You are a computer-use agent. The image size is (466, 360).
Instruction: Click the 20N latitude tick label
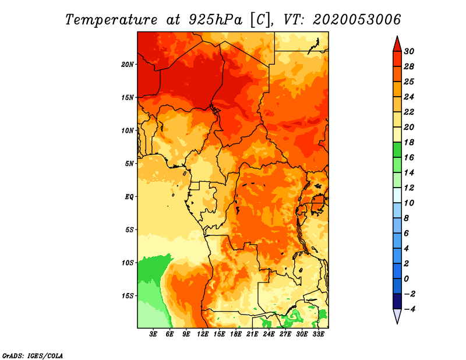pyautogui.click(x=128, y=64)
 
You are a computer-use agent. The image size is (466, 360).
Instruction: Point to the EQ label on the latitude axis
pyautogui.click(x=129, y=197)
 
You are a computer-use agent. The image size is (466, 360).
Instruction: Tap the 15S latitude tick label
pyautogui.click(x=128, y=296)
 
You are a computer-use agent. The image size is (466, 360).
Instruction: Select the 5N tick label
pyautogui.click(x=129, y=164)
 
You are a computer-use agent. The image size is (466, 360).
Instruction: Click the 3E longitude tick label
pyautogui.click(x=153, y=334)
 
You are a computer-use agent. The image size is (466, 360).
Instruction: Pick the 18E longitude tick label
pyautogui.click(x=236, y=334)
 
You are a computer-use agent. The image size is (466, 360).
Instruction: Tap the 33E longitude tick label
pyautogui.click(x=318, y=334)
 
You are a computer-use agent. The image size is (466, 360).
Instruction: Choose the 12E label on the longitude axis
pyautogui.click(x=203, y=334)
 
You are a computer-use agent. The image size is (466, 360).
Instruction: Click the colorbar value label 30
pyautogui.click(x=409, y=51)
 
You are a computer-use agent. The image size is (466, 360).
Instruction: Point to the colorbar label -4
pyautogui.click(x=409, y=309)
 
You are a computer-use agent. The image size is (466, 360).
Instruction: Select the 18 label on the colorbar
pyautogui.click(x=409, y=142)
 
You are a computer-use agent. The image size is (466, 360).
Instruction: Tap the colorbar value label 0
pyautogui.click(x=406, y=279)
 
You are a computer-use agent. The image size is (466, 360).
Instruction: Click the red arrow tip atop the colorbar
pyautogui.click(x=397, y=37)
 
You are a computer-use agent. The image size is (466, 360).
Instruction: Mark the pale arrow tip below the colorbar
pyautogui.click(x=397, y=323)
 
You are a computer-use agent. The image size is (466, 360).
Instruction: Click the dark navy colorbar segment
pyautogui.click(x=397, y=301)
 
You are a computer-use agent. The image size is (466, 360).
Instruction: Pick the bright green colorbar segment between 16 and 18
pyautogui.click(x=397, y=150)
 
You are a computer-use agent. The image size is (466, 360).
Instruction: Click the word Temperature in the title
pyautogui.click(x=111, y=20)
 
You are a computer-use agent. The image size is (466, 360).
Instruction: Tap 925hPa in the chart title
pyautogui.click(x=216, y=20)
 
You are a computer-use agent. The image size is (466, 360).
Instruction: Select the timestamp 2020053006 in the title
pyautogui.click(x=356, y=20)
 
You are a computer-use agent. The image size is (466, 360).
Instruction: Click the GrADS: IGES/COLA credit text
pyautogui.click(x=33, y=356)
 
